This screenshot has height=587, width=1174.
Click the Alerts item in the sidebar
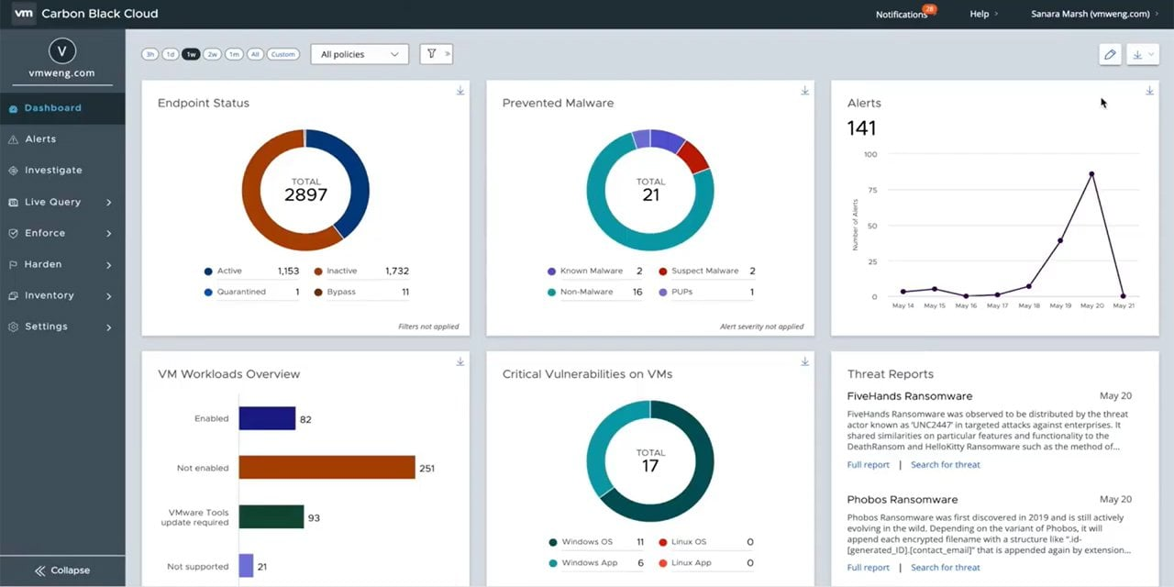40,139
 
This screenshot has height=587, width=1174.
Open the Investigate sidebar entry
52,171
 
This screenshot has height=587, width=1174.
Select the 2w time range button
212,54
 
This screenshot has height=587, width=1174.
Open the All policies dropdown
360,54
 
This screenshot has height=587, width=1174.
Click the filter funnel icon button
432,54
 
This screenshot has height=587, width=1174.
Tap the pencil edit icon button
1110,55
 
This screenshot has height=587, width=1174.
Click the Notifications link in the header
902,15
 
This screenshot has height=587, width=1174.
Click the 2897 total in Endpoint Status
305,194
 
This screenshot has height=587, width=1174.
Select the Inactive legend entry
341,271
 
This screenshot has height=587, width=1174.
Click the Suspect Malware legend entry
703,271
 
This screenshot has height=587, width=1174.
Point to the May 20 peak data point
1091,173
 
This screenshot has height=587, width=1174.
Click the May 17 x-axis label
998,305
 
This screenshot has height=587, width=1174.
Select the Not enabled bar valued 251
327,468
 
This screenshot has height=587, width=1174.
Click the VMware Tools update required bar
271,517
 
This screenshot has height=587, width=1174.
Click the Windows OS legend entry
587,542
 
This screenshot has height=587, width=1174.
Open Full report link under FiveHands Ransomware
868,465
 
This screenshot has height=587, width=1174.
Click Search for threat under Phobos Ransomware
945,568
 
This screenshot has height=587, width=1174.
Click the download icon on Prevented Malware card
804,91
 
